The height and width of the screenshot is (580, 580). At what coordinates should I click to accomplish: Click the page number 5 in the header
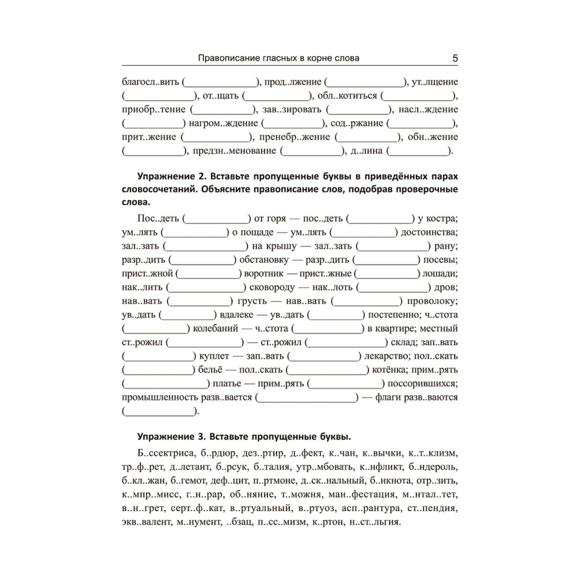(x=455, y=58)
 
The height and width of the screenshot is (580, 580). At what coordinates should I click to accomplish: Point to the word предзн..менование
(x=235, y=151)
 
